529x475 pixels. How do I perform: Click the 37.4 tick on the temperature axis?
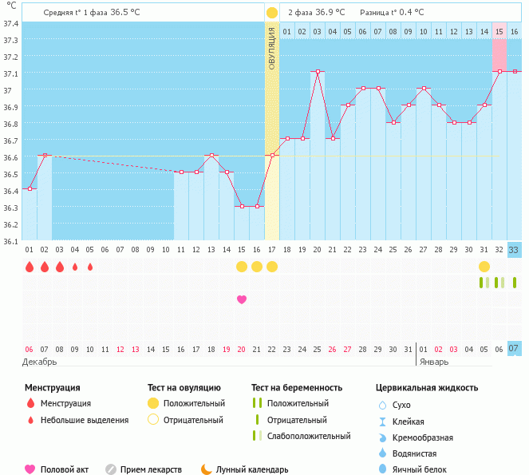click(x=10, y=23)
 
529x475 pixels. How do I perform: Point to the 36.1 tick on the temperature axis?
click(x=10, y=240)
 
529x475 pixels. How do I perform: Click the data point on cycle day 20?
click(x=318, y=72)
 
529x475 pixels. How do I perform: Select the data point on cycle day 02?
click(x=45, y=155)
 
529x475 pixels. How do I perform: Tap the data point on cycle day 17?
click(x=272, y=155)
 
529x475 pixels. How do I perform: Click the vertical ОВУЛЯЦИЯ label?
click(x=272, y=48)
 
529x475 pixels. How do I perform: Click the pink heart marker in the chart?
click(x=242, y=299)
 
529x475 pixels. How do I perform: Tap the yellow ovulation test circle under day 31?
click(x=484, y=266)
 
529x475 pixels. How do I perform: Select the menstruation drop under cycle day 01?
click(x=30, y=267)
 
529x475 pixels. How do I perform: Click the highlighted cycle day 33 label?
click(x=515, y=250)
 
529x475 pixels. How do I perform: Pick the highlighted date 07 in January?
click(x=515, y=349)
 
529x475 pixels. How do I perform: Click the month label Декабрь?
click(x=40, y=362)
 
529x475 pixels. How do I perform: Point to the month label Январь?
click(x=434, y=362)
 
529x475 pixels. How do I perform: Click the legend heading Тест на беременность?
click(x=297, y=388)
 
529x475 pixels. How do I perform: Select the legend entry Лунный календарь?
click(x=257, y=469)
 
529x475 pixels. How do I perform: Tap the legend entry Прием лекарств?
click(x=151, y=469)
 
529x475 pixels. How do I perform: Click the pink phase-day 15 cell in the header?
click(x=499, y=31)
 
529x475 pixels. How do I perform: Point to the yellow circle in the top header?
click(x=272, y=13)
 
